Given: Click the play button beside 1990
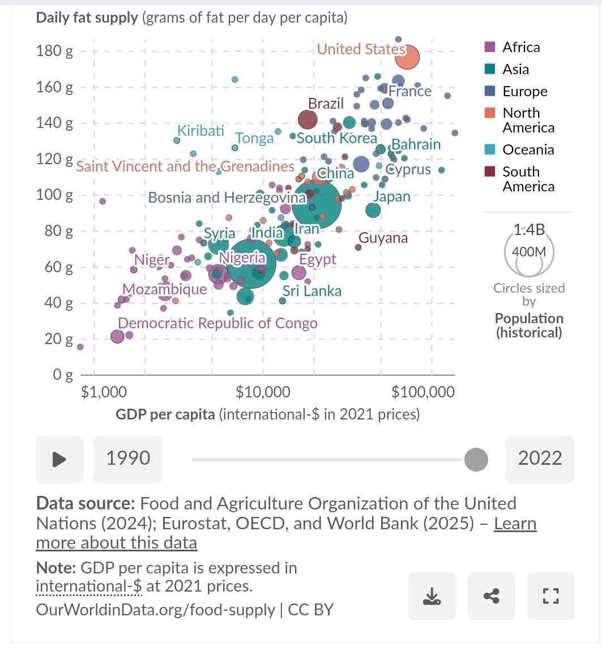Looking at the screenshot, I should [x=59, y=459].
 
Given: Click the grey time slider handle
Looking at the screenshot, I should [x=476, y=459].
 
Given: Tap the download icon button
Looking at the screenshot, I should [x=432, y=596].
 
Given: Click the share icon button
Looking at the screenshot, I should [x=492, y=596].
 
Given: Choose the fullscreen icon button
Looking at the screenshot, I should [x=550, y=596].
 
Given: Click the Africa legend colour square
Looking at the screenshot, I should [x=490, y=47].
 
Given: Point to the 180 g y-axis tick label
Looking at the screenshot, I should [x=55, y=52].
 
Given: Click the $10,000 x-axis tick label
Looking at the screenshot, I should [x=263, y=392].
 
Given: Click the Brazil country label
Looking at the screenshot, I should [x=326, y=104].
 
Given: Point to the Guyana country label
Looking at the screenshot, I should [x=383, y=238].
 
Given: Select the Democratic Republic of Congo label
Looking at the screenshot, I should [x=217, y=323].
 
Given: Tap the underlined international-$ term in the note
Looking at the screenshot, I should [x=89, y=586].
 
